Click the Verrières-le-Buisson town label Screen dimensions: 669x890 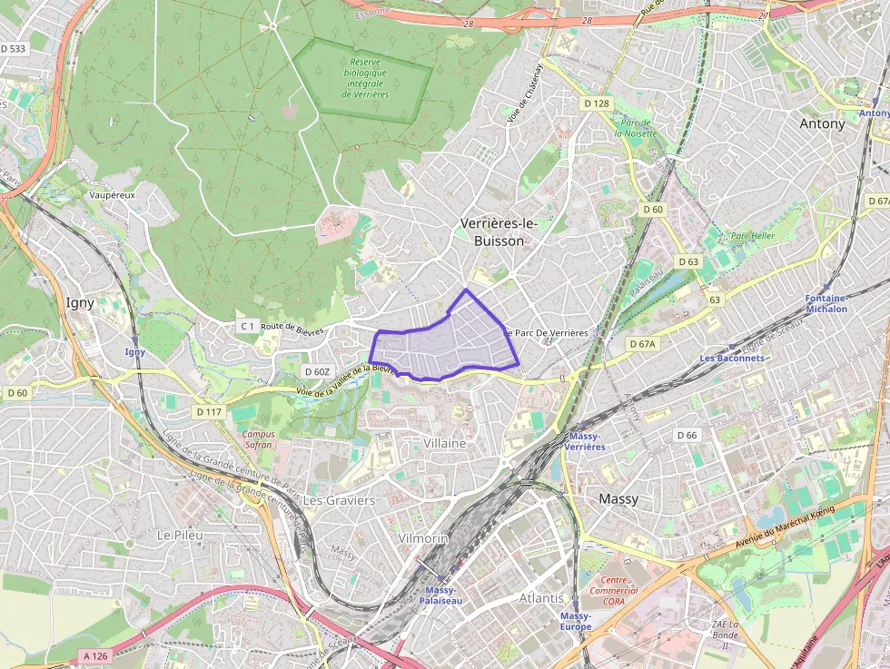492,231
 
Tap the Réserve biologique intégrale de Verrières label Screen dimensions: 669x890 365,78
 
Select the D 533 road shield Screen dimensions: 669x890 14,48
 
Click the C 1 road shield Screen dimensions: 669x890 246,325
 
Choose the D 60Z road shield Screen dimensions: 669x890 317,371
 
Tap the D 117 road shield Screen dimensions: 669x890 209,412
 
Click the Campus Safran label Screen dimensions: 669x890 259,439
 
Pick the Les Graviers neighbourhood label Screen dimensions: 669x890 339,500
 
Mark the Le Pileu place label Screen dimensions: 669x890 179,535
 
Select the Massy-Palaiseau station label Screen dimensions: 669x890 442,595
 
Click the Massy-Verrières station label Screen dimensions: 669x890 585,441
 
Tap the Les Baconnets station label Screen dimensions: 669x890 732,358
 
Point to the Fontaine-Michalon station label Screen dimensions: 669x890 826,303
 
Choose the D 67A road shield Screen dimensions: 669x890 642,344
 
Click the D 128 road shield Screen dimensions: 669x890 596,103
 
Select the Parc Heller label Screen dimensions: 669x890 753,235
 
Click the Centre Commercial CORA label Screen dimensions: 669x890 614,591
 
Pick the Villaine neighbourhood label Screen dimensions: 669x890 445,443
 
